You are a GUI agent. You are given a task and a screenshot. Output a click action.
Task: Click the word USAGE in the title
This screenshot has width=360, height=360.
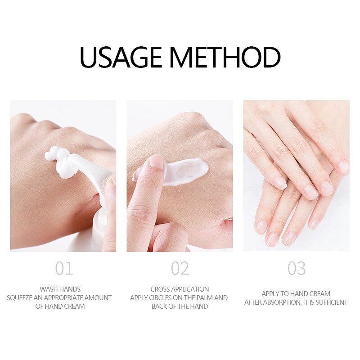click(x=121, y=57)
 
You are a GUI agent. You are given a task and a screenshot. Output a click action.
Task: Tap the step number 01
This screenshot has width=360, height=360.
click(x=64, y=269)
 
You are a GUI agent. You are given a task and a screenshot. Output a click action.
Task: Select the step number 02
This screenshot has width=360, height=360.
click(x=180, y=269)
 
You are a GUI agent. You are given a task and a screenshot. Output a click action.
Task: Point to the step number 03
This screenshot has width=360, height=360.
click(x=297, y=269)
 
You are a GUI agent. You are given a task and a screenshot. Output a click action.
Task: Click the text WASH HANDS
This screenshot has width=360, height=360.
click(x=60, y=289)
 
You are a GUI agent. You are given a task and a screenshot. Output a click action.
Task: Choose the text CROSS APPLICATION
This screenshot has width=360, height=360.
click(x=180, y=289)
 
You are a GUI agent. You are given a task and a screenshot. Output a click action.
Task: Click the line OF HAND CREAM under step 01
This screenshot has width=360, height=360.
click(x=60, y=306)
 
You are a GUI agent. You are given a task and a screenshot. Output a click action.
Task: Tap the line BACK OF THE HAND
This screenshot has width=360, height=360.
click(x=180, y=306)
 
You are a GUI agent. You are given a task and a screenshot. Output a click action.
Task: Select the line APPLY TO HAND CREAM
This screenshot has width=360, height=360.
click(x=296, y=294)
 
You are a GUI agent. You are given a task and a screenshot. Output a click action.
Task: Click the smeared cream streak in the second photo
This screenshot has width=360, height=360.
click(x=187, y=171)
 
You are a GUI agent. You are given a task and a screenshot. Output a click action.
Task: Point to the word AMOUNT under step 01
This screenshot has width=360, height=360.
click(x=98, y=298)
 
